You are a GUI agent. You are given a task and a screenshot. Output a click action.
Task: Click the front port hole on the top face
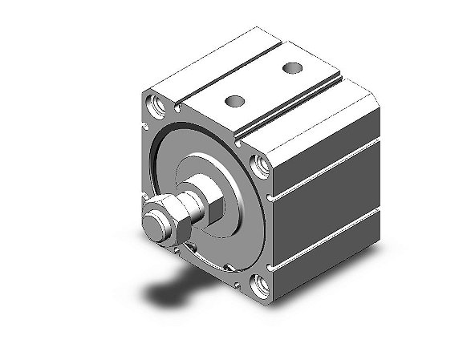pos(234,100)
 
